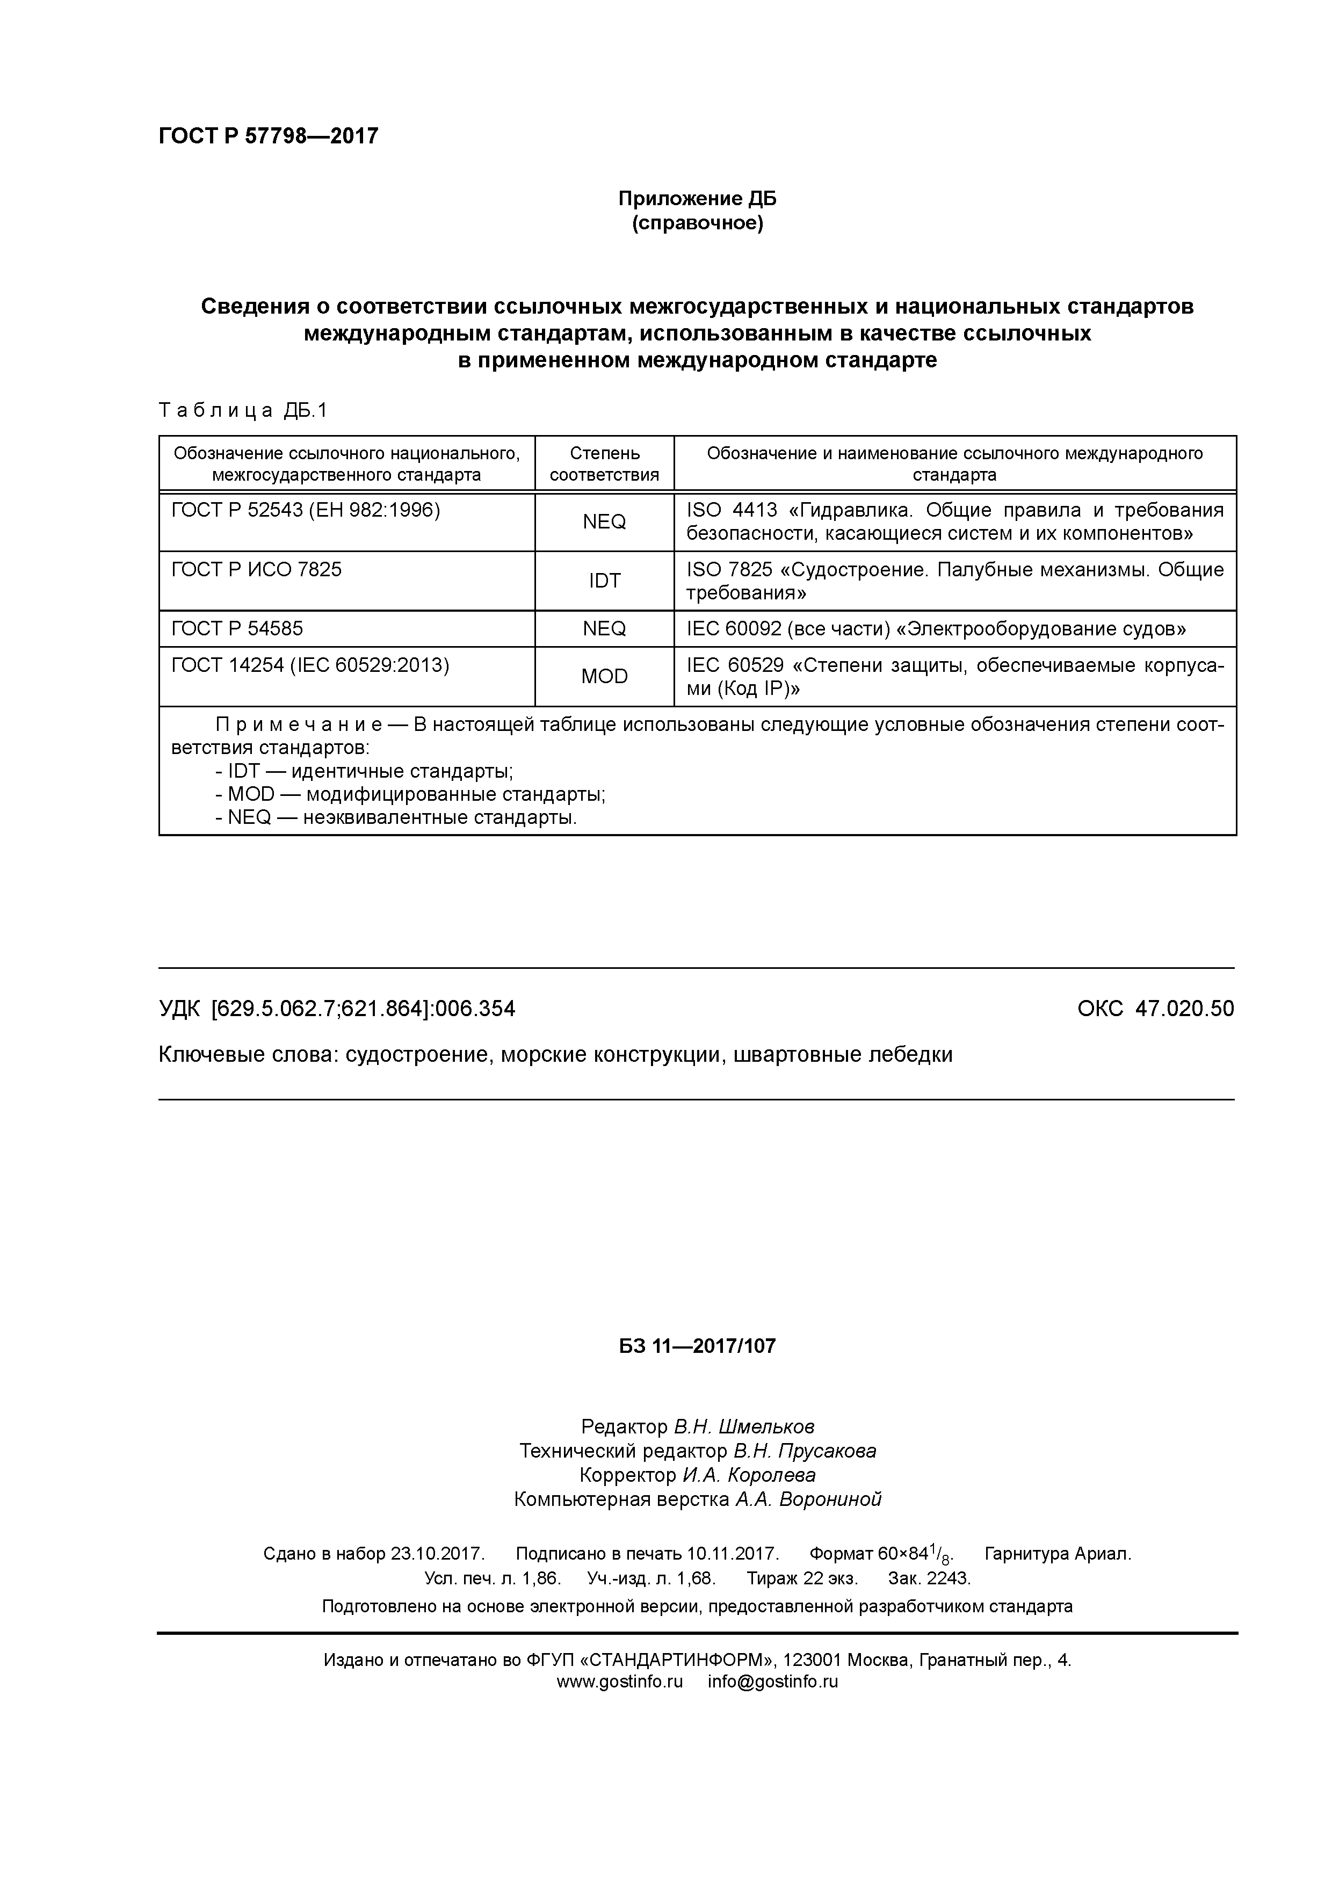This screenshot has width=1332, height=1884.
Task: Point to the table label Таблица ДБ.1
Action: point(243,410)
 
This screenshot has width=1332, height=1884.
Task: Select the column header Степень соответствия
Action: point(604,463)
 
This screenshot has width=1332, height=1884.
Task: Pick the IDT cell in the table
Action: point(604,581)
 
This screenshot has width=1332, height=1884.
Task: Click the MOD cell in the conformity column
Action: point(604,676)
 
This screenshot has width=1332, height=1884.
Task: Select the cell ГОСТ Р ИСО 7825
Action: point(256,569)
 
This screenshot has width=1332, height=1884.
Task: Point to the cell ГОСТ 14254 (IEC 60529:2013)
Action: point(310,665)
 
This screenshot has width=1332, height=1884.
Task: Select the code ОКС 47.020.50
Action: point(1155,1009)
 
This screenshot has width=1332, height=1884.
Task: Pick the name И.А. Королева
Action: point(749,1475)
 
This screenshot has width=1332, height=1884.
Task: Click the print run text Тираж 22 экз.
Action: point(802,1578)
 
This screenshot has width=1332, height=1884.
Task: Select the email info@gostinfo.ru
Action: point(772,1682)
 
